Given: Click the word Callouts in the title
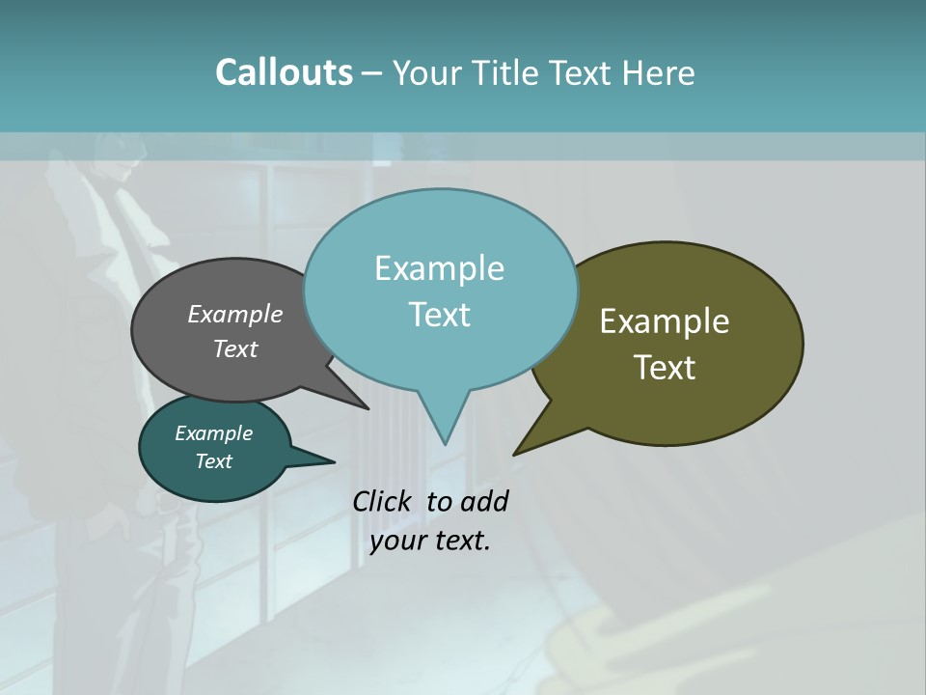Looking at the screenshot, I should tap(284, 72).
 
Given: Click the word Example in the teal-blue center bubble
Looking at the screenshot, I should tap(439, 268).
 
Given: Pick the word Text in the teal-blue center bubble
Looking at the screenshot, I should tap(439, 315).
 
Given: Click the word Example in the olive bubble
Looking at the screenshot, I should tap(665, 321).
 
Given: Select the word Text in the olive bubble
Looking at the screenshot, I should tap(665, 368).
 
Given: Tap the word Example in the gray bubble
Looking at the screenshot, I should tap(235, 314).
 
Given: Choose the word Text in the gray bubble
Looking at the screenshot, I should tap(235, 348).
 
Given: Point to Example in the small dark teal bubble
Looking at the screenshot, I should tap(213, 433).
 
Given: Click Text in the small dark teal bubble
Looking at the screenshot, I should tap(213, 461).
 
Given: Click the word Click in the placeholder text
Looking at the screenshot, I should tap(384, 501).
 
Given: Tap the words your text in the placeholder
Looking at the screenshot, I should tap(430, 541).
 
